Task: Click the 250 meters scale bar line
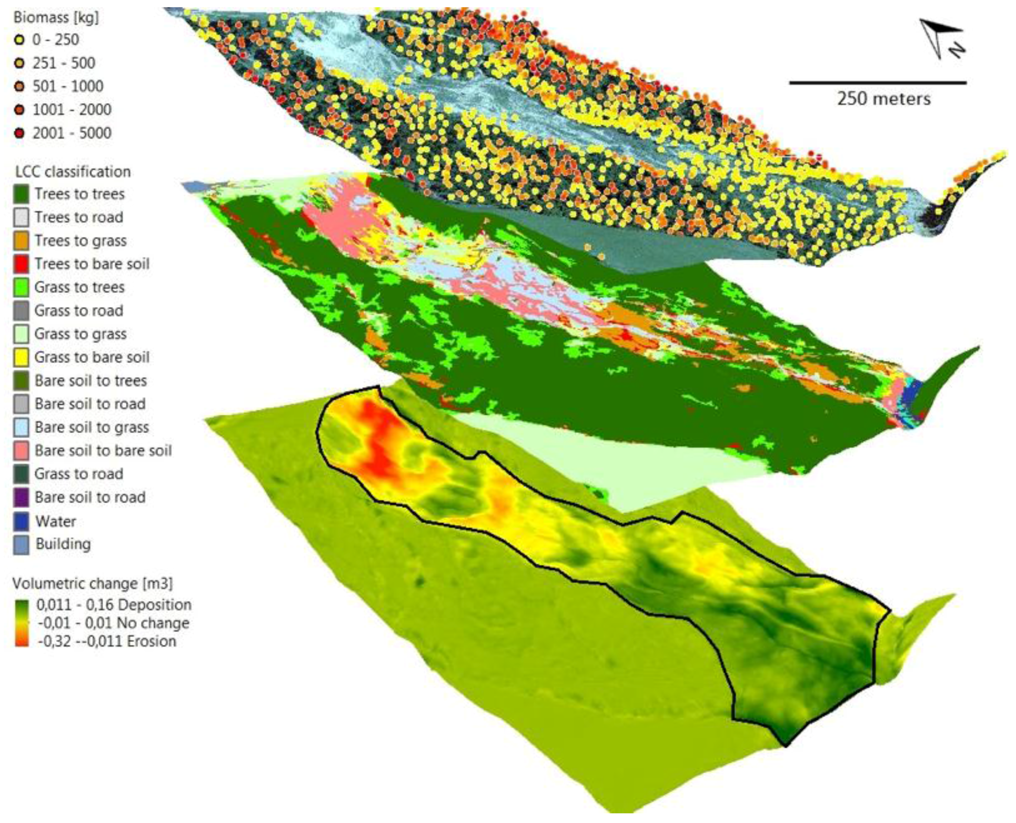pyautogui.click(x=877, y=83)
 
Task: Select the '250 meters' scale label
pyautogui.click(x=883, y=99)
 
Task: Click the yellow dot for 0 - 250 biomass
pyautogui.click(x=19, y=40)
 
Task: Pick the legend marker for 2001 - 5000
pyautogui.click(x=19, y=133)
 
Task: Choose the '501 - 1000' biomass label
pyautogui.click(x=68, y=86)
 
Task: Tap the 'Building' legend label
pyautogui.click(x=63, y=544)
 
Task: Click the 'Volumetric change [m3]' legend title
pyautogui.click(x=93, y=583)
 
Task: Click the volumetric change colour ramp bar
pyautogui.click(x=21, y=623)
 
